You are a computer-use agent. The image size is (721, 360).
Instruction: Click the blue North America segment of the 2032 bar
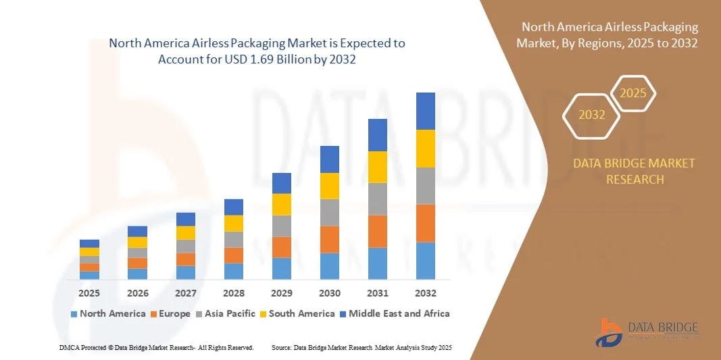click(425, 261)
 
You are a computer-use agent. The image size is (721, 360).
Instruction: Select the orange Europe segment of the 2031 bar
click(377, 231)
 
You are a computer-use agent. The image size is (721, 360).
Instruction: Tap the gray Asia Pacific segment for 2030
click(329, 212)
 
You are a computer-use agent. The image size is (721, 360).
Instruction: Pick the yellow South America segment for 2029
click(281, 204)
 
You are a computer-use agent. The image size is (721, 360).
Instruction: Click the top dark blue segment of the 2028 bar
click(233, 207)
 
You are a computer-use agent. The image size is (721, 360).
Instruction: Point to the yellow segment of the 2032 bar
click(425, 149)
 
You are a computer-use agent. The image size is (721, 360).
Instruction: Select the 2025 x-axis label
click(89, 293)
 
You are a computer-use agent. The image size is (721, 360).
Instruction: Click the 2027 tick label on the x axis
click(185, 293)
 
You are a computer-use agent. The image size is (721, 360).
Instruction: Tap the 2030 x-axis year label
click(329, 293)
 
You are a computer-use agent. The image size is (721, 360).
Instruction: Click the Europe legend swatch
click(154, 314)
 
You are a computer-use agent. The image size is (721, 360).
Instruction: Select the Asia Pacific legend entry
click(226, 313)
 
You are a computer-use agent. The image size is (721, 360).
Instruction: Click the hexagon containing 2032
click(592, 115)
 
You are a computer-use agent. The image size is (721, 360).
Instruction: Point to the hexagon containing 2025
click(633, 93)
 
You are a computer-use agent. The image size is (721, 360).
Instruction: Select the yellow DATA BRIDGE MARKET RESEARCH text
click(634, 171)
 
